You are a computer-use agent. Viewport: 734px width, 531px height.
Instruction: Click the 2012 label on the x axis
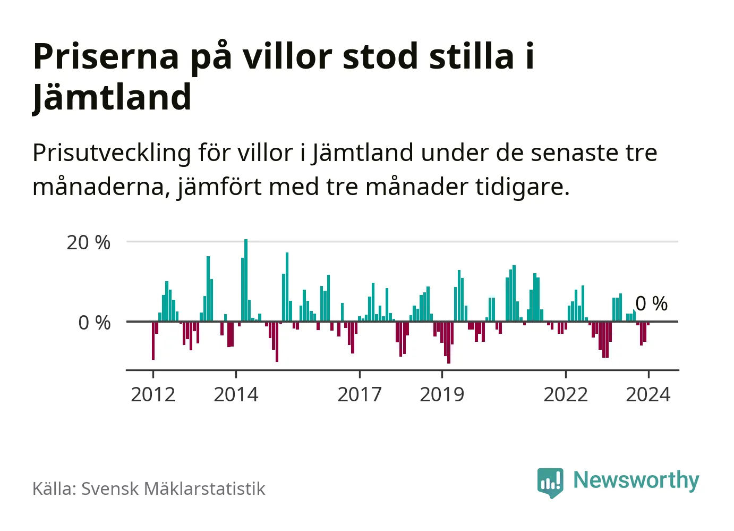tap(153, 395)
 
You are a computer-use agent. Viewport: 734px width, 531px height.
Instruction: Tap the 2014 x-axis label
tap(236, 395)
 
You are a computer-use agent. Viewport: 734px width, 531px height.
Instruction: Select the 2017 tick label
tap(360, 395)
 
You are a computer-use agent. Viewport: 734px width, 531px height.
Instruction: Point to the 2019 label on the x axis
tap(442, 395)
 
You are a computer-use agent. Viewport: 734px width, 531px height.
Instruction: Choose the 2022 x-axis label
tap(566, 395)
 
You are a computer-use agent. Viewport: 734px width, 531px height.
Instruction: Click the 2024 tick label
tap(648, 395)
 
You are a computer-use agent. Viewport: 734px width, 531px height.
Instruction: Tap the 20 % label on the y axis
tap(88, 243)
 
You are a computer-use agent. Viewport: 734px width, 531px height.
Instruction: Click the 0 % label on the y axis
tap(95, 323)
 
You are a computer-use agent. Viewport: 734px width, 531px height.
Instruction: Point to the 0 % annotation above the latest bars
tap(652, 304)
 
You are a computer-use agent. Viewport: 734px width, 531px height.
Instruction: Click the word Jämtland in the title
tap(112, 97)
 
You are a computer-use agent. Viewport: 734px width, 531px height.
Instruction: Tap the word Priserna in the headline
tap(106, 56)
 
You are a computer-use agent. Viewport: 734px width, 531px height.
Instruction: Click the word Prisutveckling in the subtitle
tap(112, 153)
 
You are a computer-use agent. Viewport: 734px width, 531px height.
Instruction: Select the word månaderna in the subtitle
tap(101, 187)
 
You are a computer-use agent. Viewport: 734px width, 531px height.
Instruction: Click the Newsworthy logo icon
tap(550, 482)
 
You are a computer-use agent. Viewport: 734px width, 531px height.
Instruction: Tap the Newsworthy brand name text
tap(636, 480)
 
